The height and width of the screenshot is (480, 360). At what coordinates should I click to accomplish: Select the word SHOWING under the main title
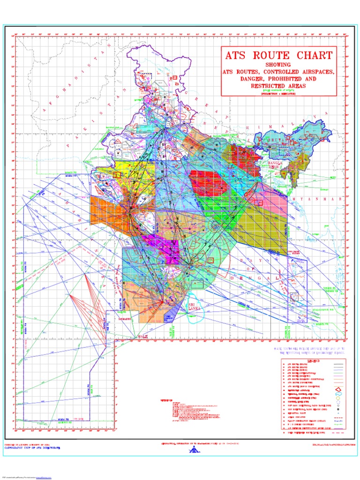pyautogui.click(x=278, y=64)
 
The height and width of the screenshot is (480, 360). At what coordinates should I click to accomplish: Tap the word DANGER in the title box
pyautogui.click(x=238, y=80)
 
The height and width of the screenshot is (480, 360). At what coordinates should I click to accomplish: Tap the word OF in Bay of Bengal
pyautogui.click(x=269, y=269)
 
